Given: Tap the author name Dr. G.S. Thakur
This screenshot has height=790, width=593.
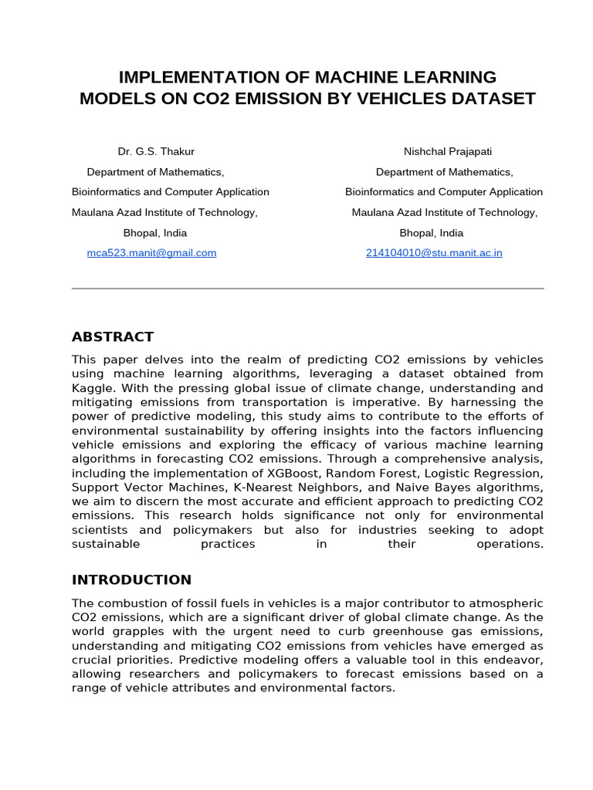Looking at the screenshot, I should point(156,151).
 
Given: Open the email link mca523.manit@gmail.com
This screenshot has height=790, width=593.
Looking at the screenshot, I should point(151,252).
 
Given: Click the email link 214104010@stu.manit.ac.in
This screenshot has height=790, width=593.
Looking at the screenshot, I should point(434,252).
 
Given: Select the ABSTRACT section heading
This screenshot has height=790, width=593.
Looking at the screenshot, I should point(113,336).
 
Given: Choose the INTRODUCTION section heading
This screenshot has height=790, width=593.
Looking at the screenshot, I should point(131,579).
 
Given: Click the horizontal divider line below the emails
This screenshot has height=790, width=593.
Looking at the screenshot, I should point(307,289).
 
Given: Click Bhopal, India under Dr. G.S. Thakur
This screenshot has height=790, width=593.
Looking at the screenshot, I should point(155,232).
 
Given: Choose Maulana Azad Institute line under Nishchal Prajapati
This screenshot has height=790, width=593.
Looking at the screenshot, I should point(445,212).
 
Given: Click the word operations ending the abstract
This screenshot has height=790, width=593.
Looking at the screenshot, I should point(510,544).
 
